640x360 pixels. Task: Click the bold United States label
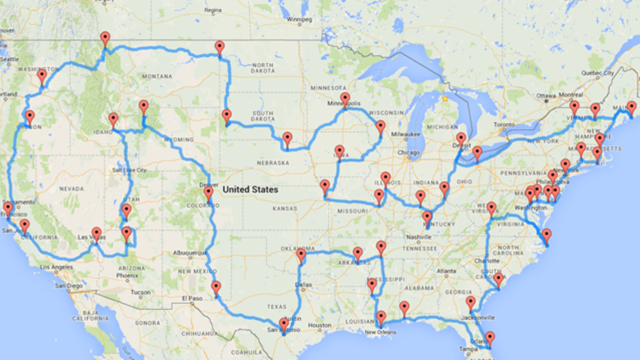(x=250, y=190)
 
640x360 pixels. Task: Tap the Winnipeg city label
(x=299, y=20)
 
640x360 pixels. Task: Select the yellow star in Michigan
(x=445, y=99)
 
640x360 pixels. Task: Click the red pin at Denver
(x=208, y=192)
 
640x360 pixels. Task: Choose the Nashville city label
(x=419, y=237)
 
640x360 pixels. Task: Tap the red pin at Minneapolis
(x=345, y=99)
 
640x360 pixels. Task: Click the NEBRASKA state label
(x=273, y=163)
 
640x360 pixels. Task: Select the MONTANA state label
(x=157, y=76)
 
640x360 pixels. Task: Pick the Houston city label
(x=319, y=325)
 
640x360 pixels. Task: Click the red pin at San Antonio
(x=284, y=324)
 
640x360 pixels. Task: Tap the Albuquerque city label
(x=190, y=253)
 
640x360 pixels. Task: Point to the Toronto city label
(x=504, y=125)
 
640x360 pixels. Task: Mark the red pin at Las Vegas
(x=96, y=233)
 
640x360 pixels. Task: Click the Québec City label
(x=597, y=73)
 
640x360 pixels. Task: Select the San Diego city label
(x=69, y=286)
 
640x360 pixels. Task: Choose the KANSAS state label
(x=285, y=208)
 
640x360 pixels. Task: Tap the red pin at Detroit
(x=461, y=138)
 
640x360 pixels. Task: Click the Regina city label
(x=213, y=10)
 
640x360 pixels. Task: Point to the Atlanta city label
(x=446, y=271)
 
